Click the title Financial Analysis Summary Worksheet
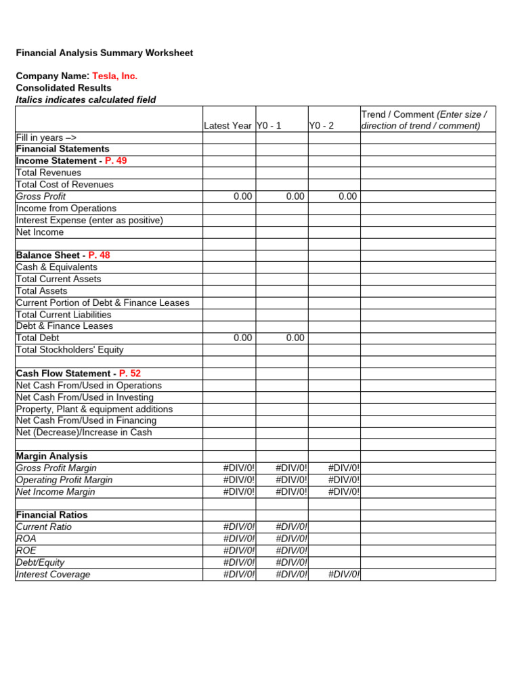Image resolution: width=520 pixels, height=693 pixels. (x=104, y=53)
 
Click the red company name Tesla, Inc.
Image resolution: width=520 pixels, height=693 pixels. (x=114, y=76)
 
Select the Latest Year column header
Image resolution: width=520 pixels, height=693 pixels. (x=228, y=126)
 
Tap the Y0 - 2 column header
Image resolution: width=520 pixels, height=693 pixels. (x=322, y=126)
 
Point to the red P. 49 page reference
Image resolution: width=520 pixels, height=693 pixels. (x=116, y=161)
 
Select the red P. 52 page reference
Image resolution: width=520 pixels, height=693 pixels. (x=130, y=374)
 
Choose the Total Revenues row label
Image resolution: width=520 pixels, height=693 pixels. (x=49, y=173)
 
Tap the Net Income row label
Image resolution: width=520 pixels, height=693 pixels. (x=40, y=232)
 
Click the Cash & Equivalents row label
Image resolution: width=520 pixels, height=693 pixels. (x=56, y=267)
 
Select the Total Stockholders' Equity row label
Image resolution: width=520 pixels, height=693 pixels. (x=70, y=350)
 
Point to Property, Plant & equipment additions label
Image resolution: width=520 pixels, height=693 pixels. (x=94, y=409)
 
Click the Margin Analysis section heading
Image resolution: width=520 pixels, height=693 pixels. (x=51, y=456)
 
